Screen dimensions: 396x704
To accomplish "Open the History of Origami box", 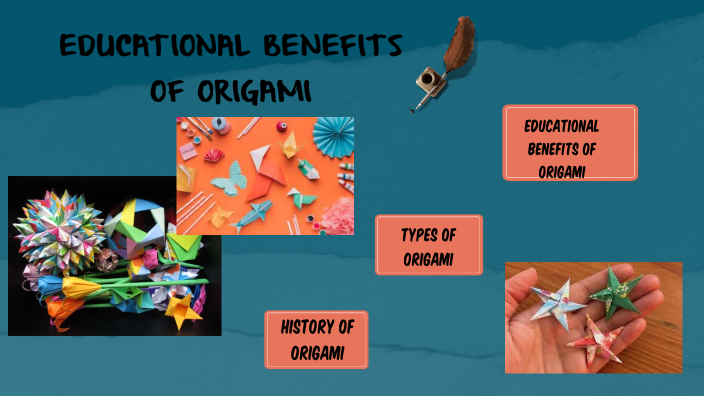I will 316,340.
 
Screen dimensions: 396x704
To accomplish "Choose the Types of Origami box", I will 429,245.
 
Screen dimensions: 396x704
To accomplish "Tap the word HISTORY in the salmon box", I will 306,327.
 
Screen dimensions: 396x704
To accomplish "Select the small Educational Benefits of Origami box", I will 569,142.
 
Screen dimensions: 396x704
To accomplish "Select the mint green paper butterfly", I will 232,176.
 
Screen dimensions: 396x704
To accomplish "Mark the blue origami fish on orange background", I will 251,212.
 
